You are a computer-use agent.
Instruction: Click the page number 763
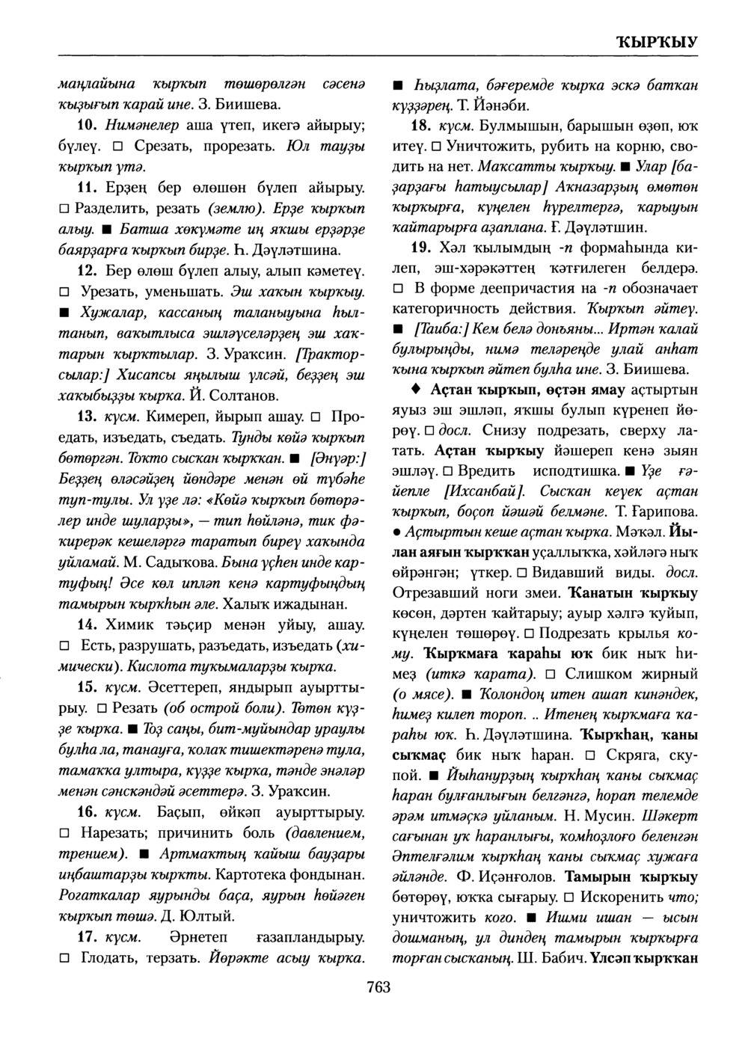pyautogui.click(x=378, y=988)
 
